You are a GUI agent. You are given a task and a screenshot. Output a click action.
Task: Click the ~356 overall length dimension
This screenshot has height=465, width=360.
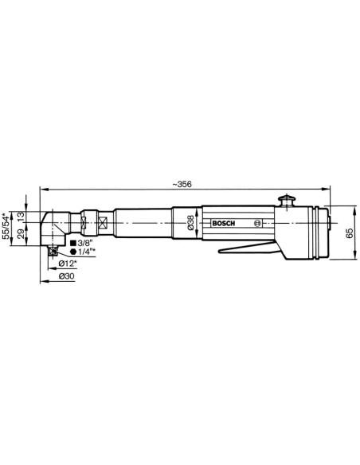182,184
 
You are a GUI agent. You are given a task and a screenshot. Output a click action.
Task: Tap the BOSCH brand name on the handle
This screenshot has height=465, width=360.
224,223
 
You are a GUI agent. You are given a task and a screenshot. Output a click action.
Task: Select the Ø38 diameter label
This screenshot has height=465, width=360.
190,222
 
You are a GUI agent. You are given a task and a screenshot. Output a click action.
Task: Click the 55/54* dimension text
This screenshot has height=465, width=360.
6,225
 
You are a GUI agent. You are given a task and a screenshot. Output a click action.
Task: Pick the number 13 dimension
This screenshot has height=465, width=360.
20,217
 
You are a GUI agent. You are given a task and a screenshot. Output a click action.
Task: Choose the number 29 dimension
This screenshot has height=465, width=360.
20,234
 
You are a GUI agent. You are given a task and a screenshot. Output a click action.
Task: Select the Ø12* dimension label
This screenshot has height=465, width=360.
68,263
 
